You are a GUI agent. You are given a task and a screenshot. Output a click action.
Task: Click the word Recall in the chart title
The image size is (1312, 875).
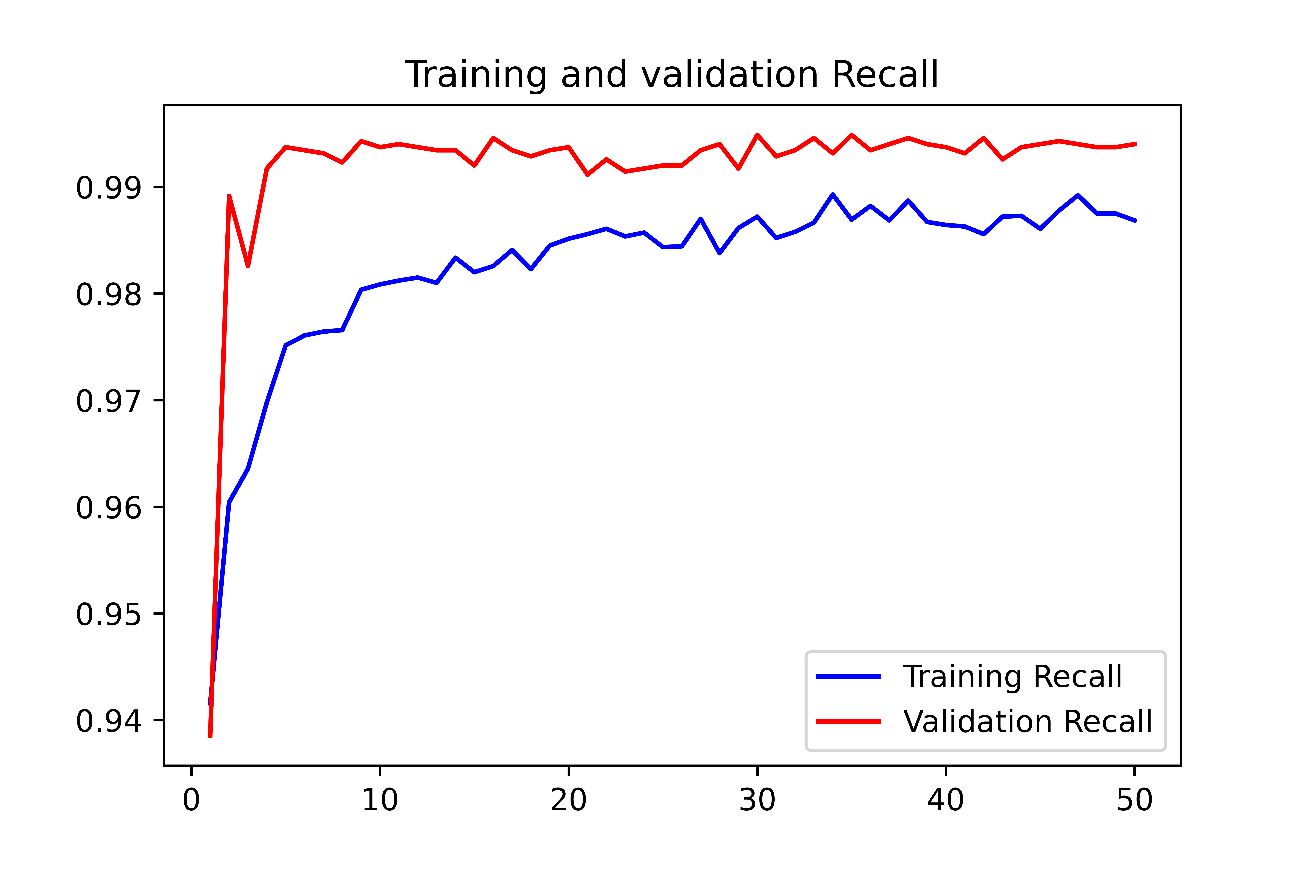click(x=885, y=75)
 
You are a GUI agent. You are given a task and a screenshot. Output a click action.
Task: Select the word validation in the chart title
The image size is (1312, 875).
click(x=730, y=75)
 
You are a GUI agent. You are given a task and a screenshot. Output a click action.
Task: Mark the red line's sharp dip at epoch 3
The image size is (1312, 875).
click(x=248, y=266)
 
